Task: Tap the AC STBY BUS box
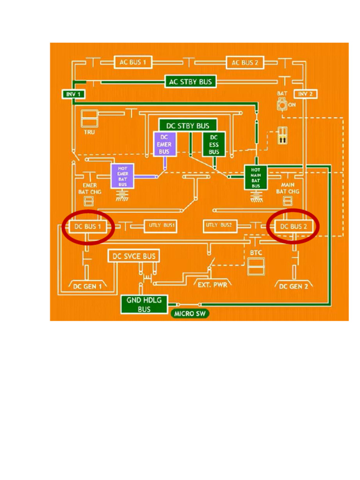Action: pos(190,82)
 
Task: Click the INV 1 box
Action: pos(73,94)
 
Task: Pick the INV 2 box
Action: pos(305,94)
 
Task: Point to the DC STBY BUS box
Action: pos(187,126)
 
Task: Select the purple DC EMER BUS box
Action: pos(164,144)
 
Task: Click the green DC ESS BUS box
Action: pos(214,144)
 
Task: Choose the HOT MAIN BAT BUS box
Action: pos(255,177)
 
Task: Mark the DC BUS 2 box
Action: pos(293,227)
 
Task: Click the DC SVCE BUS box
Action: pos(134,256)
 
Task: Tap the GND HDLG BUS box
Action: pos(144,305)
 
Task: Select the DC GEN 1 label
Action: pos(87,286)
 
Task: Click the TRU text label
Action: pos(89,132)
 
